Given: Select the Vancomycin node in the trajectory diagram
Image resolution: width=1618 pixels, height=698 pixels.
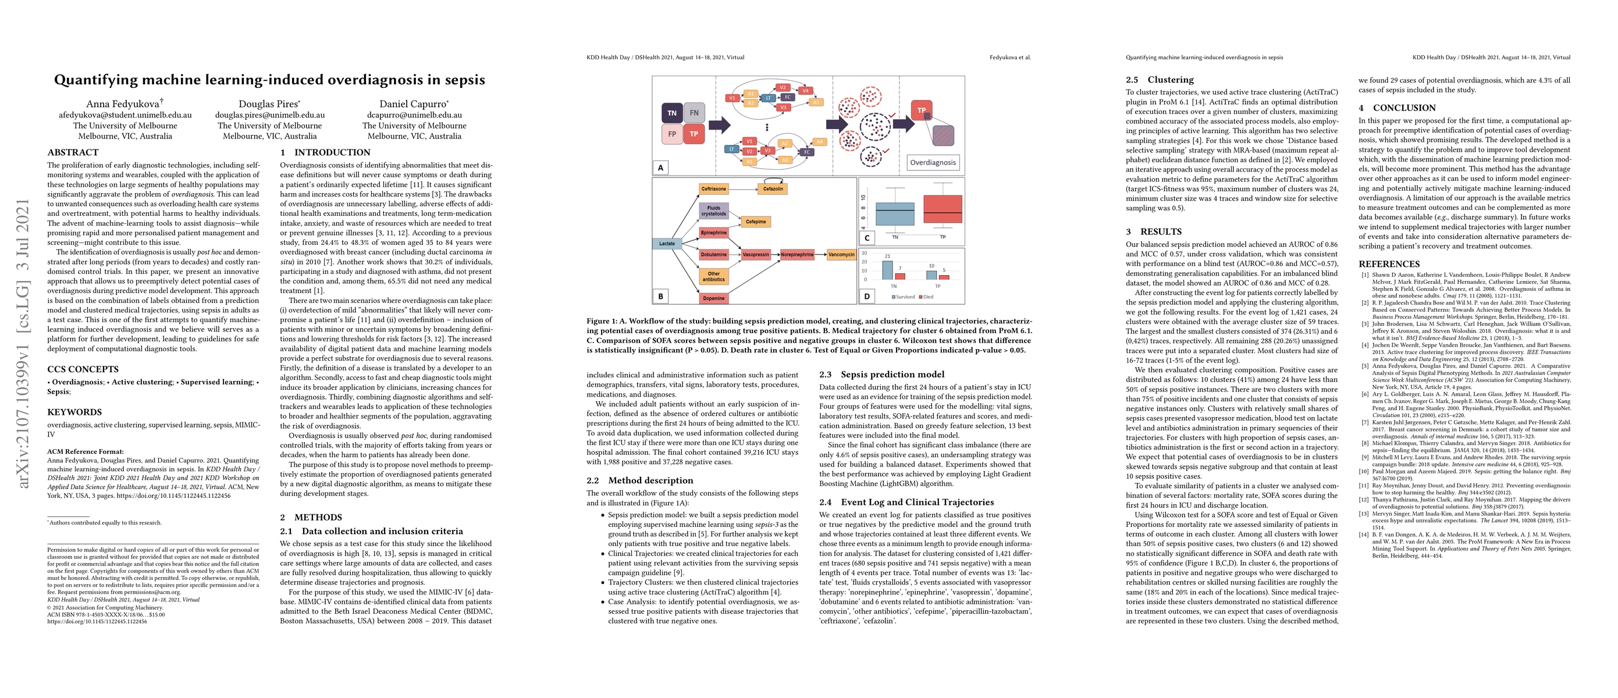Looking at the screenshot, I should pyautogui.click(x=841, y=254).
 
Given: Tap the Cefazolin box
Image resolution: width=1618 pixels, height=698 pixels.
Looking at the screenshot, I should pyautogui.click(x=773, y=188).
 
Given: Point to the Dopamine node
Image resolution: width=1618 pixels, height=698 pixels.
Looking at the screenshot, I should pyautogui.click(x=713, y=298).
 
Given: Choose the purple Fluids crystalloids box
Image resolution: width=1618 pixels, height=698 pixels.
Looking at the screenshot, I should pyautogui.click(x=713, y=211).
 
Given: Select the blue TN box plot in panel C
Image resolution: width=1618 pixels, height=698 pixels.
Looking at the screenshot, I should pyautogui.click(x=894, y=214).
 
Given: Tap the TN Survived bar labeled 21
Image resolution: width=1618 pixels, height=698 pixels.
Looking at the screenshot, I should pyautogui.click(x=887, y=270).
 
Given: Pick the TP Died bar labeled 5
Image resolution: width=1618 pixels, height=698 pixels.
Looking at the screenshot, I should pyautogui.click(x=944, y=277).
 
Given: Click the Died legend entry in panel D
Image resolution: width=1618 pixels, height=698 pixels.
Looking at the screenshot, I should pyautogui.click(x=926, y=297).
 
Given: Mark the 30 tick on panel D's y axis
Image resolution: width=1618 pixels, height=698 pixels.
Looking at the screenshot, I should pyautogui.click(x=865, y=254).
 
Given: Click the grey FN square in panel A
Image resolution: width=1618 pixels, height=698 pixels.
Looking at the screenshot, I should pyautogui.click(x=694, y=113).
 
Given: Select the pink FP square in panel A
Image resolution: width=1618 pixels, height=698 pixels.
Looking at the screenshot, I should pyautogui.click(x=672, y=134).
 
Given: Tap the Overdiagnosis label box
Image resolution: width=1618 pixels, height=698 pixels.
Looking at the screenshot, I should pyautogui.click(x=933, y=162).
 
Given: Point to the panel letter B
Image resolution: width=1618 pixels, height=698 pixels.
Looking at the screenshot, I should pyautogui.click(x=660, y=296).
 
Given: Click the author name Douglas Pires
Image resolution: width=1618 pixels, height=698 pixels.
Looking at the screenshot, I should pyautogui.click(x=269, y=104).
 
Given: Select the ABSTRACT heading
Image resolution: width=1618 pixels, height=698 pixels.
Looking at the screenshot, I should pyautogui.click(x=73, y=152).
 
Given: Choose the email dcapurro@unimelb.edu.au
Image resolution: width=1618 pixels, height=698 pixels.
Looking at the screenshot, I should pyautogui.click(x=414, y=115).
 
